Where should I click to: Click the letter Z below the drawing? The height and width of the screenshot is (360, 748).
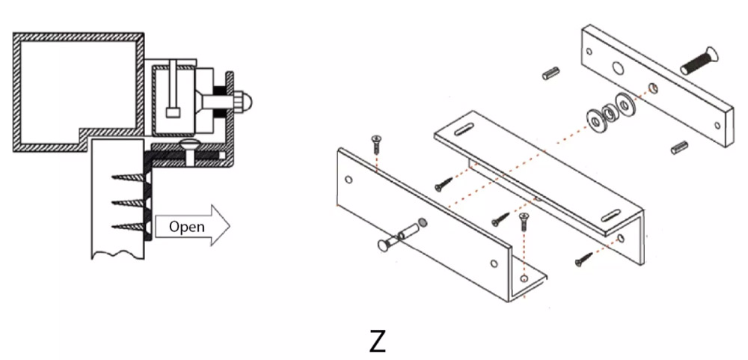(377, 341)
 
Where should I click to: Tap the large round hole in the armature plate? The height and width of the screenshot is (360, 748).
(619, 68)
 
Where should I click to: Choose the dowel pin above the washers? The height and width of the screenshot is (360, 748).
(551, 73)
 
